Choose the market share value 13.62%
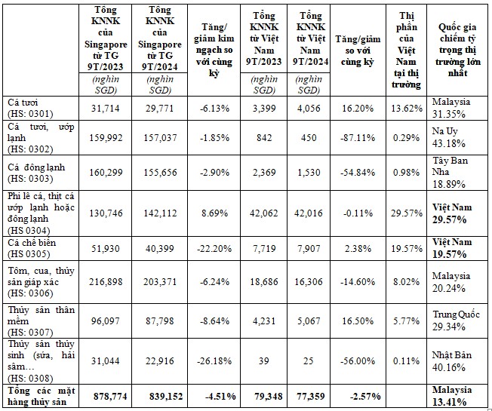click(x=408, y=108)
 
